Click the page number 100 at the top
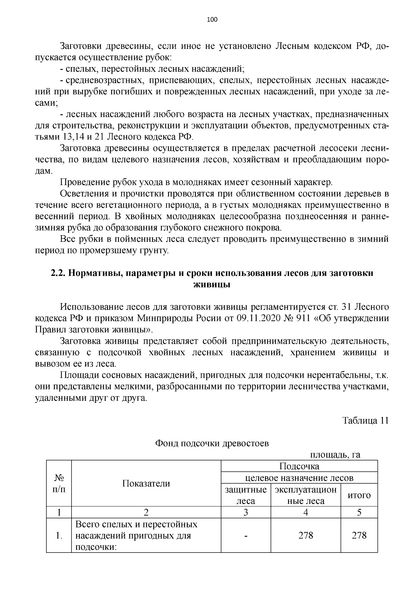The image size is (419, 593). click(212, 20)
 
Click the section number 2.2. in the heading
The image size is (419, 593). click(58, 273)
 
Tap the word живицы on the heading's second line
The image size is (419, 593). click(212, 284)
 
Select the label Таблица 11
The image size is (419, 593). click(365, 420)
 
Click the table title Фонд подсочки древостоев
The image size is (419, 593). click(212, 443)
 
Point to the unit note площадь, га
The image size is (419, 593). click(335, 455)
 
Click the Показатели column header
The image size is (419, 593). click(146, 484)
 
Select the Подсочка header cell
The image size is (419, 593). click(299, 466)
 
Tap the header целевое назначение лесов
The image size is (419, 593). click(299, 478)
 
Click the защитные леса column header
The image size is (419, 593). click(246, 495)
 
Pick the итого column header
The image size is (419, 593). click(359, 495)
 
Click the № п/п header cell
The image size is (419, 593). click(59, 484)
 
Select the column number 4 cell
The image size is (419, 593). click(306, 512)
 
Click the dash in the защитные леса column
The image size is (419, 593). click(246, 535)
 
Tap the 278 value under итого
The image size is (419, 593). click(359, 535)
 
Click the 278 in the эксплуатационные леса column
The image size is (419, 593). click(306, 535)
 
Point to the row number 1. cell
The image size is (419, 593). click(59, 535)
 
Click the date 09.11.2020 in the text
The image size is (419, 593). click(257, 318)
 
